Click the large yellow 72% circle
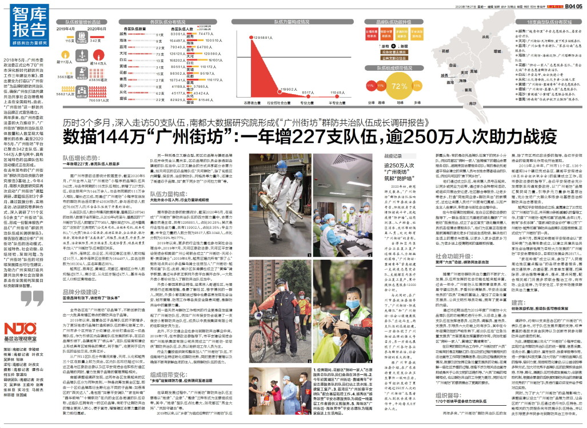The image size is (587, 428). tap(398, 88)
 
